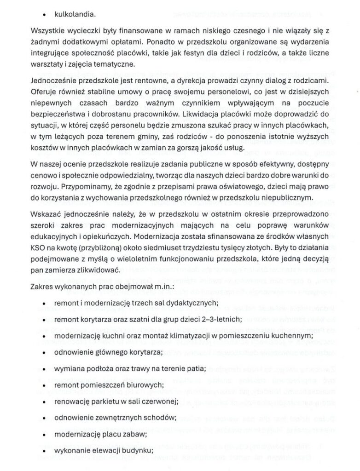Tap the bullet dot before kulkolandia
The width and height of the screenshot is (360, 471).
pos(44,14)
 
